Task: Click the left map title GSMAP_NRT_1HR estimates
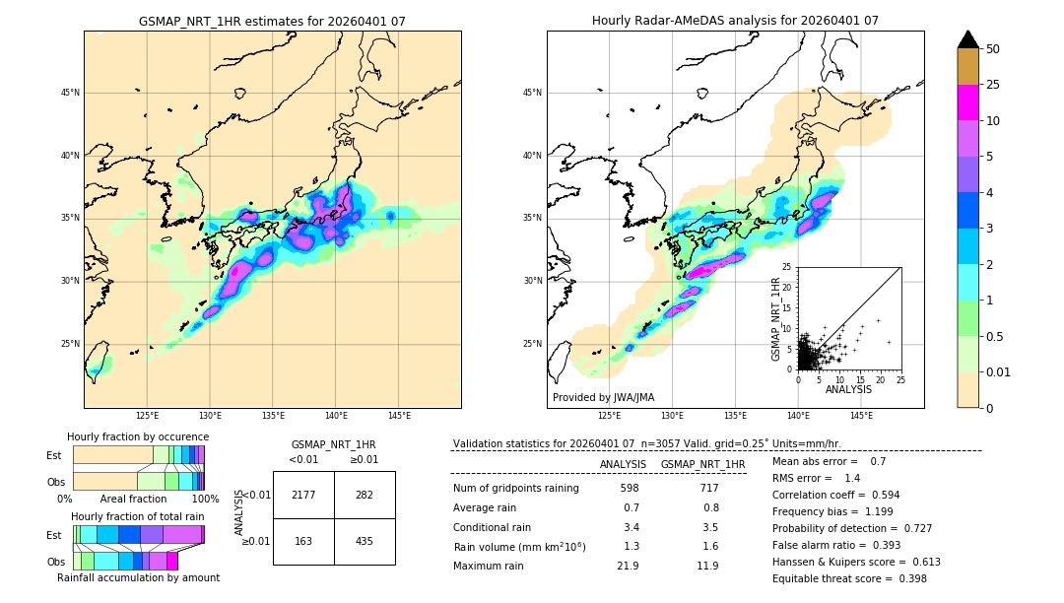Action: [272, 21]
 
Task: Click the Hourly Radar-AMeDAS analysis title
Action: [735, 21]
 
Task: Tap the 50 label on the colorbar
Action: [993, 49]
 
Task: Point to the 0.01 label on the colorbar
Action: [999, 371]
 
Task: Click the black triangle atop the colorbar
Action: [968, 39]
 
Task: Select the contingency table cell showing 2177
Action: [303, 495]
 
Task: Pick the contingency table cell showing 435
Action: [365, 541]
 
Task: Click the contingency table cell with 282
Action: [365, 495]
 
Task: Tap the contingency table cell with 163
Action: [303, 541]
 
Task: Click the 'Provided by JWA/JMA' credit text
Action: [603, 398]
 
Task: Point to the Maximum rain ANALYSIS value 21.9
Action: [628, 566]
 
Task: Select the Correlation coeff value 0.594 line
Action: [835, 496]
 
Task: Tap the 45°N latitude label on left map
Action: [70, 93]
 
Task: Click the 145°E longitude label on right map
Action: [861, 416]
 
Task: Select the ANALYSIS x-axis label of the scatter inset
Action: [848, 389]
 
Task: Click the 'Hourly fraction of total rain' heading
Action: [138, 516]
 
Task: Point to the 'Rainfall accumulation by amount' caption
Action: [138, 577]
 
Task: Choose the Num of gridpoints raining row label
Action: [516, 489]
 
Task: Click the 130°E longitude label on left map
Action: [210, 416]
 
